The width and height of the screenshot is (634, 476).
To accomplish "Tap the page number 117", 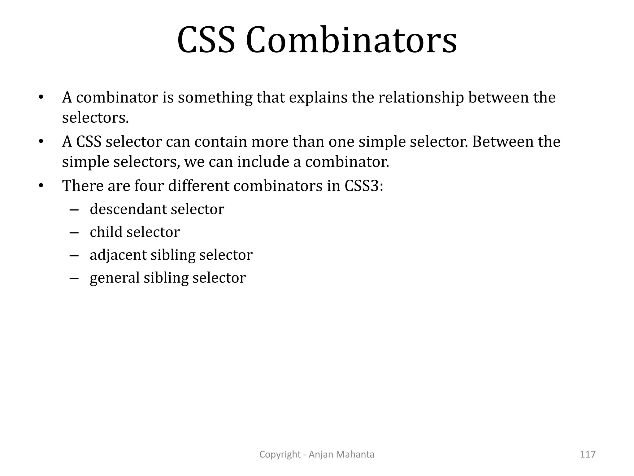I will click(x=588, y=454).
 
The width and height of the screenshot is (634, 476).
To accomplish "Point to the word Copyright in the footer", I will click(x=280, y=454).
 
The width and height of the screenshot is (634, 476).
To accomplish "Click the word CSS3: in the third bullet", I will click(x=364, y=186).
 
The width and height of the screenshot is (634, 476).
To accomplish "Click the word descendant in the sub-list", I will click(x=128, y=209).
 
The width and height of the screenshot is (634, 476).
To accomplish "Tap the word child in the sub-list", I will click(x=106, y=232).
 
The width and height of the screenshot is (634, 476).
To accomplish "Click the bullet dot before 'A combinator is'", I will click(x=41, y=98).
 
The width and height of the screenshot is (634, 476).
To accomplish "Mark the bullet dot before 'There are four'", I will click(x=41, y=186).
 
